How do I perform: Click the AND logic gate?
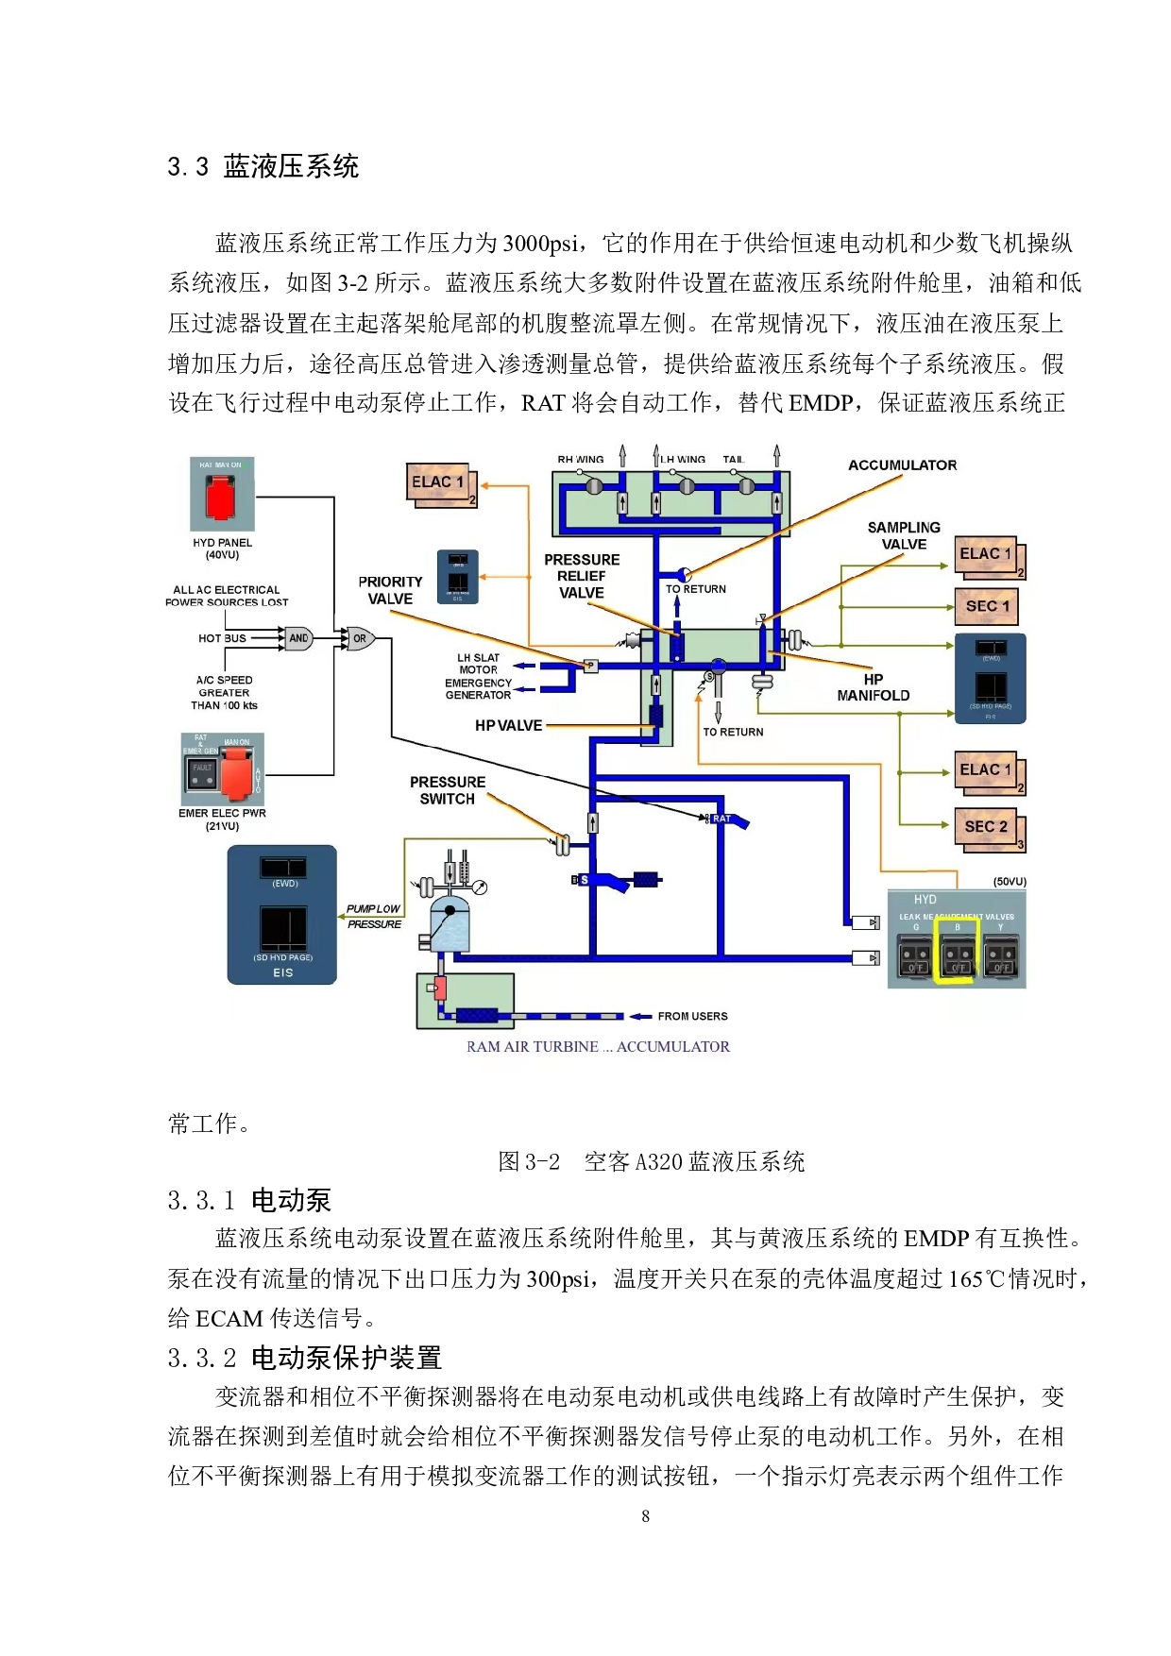click(298, 638)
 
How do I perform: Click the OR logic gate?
click(360, 638)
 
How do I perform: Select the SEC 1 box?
click(987, 606)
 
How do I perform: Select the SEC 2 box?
click(987, 827)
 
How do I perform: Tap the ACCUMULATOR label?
click(902, 465)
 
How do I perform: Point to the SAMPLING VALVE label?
click(904, 535)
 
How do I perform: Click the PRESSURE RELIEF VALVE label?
click(582, 576)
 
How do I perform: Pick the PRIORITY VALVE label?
click(390, 590)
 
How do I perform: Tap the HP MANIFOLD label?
click(874, 687)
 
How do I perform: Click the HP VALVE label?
click(508, 725)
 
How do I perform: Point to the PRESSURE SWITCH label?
click(448, 790)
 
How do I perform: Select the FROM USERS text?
click(692, 1016)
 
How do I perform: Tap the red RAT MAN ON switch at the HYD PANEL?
click(221, 498)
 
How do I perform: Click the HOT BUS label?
click(222, 638)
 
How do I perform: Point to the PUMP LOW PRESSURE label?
click(374, 916)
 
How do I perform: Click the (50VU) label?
click(1010, 881)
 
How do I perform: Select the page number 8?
click(645, 1515)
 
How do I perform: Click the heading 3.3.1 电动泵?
click(249, 1200)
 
